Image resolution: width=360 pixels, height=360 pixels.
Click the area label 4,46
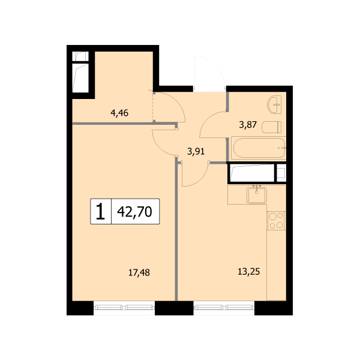tap(119, 113)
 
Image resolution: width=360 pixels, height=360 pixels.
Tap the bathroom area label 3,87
tap(248, 125)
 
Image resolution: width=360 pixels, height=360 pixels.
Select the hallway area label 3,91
tap(196, 152)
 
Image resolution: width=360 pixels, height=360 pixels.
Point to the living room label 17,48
tap(139, 273)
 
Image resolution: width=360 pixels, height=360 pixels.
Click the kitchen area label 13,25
tap(249, 272)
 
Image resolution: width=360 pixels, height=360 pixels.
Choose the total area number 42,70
tap(134, 211)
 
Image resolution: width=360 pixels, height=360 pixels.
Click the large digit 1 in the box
tap(100, 211)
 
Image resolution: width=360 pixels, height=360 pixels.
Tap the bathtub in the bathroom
tap(259, 148)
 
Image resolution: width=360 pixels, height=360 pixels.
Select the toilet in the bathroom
tap(272, 127)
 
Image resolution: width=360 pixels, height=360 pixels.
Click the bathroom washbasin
tap(274, 104)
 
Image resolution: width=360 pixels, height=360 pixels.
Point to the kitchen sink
tap(257, 195)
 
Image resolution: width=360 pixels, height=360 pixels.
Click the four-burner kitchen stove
tap(276, 221)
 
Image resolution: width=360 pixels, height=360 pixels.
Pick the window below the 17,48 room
tap(124, 308)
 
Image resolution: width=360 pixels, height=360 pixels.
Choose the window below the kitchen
tap(224, 308)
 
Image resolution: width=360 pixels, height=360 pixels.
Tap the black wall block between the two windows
tap(174, 308)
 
